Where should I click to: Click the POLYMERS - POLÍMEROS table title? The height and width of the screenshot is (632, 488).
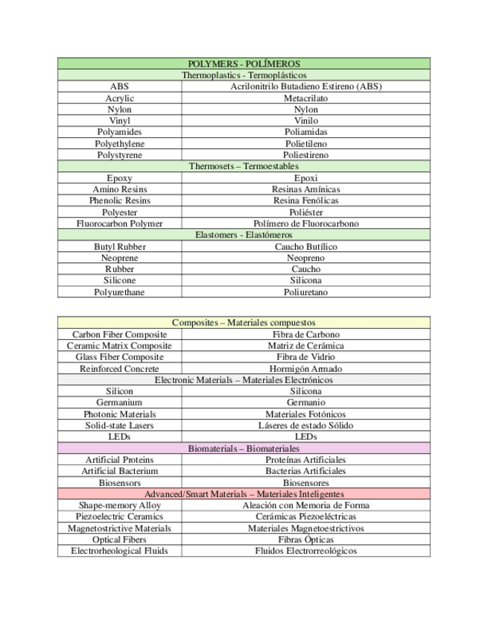(244, 64)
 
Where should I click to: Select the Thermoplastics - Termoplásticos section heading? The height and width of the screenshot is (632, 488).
(244, 75)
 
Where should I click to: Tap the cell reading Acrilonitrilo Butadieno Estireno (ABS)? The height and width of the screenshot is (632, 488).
(305, 86)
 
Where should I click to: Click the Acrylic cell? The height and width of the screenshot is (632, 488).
(119, 98)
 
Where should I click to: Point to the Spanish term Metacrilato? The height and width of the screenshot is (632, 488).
(305, 98)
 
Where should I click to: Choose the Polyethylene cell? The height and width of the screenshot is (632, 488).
(119, 143)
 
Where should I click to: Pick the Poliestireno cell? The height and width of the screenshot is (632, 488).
(305, 154)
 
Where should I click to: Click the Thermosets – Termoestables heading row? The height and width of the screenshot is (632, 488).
(244, 166)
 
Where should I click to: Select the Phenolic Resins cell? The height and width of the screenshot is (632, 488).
(119, 200)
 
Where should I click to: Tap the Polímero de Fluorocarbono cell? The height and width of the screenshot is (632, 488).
(305, 224)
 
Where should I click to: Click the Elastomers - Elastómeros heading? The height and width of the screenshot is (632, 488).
(244, 235)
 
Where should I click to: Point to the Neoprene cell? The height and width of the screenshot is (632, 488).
(119, 258)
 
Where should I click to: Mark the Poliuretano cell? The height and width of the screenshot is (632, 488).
(305, 292)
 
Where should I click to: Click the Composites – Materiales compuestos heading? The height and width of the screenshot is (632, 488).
(244, 323)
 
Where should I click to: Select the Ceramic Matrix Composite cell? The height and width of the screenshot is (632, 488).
(119, 346)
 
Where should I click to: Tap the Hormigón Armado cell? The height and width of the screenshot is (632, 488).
(305, 368)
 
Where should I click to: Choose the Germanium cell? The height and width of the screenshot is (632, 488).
(119, 402)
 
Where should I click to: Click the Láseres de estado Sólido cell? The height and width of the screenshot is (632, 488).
(305, 426)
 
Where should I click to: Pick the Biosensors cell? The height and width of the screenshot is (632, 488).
(119, 483)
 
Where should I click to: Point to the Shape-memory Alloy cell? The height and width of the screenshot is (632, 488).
(119, 505)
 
